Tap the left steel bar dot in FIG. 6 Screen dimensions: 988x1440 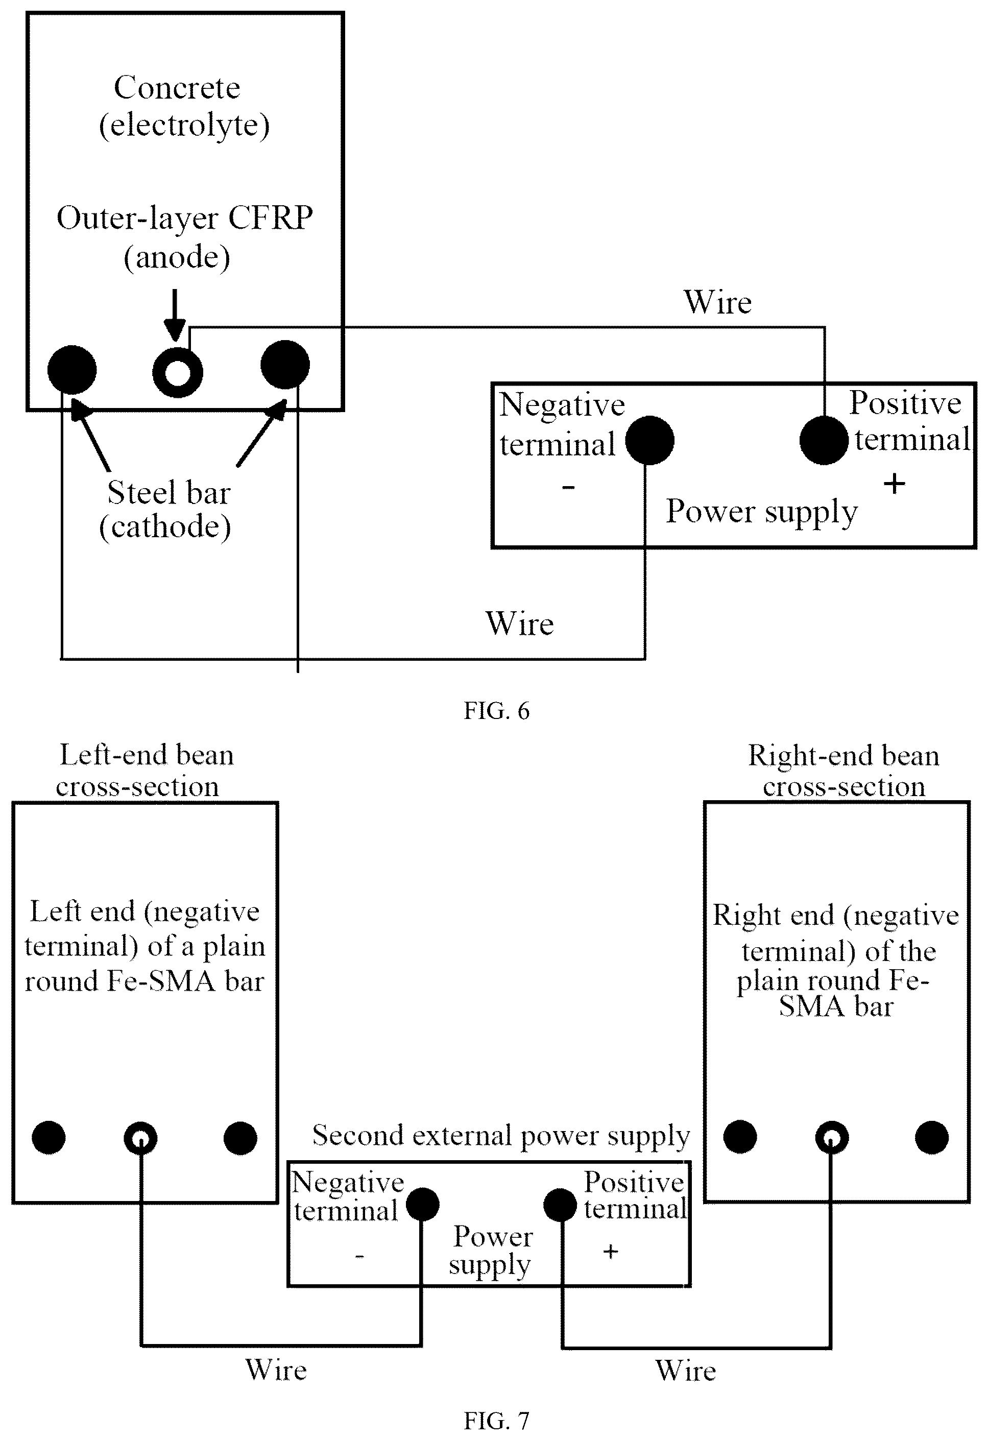[x=72, y=370]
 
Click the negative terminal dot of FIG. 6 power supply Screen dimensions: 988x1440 [x=649, y=440]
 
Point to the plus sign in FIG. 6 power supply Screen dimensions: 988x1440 [x=894, y=483]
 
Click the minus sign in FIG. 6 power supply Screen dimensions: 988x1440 [x=568, y=487]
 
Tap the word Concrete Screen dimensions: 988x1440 [x=177, y=87]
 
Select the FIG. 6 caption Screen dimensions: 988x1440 [x=496, y=711]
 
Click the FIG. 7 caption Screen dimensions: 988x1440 [x=496, y=1421]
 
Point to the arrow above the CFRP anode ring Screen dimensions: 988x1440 [x=175, y=315]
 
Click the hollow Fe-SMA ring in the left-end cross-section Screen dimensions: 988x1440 [x=132, y=1138]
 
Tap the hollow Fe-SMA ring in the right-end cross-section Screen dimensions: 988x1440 [x=823, y=1138]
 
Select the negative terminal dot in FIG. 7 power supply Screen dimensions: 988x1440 [x=422, y=1205]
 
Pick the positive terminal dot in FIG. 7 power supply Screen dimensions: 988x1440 [x=560, y=1205]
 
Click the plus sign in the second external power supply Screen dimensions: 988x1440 [x=611, y=1252]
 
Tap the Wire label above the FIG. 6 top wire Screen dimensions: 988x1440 [x=718, y=302]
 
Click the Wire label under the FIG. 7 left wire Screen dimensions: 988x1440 [x=276, y=1370]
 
